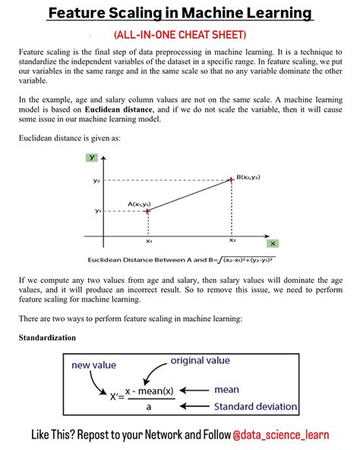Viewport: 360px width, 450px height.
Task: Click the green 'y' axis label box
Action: [x=92, y=157]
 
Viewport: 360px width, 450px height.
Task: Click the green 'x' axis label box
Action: [x=273, y=243]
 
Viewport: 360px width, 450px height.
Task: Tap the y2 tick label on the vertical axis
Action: [x=96, y=181]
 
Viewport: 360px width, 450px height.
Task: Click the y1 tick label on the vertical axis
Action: [x=97, y=211]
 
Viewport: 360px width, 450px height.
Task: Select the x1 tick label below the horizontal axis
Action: [x=149, y=240]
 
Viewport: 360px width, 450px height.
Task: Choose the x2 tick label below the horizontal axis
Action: [x=232, y=240]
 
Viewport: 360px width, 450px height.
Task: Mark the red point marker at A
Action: [x=148, y=211]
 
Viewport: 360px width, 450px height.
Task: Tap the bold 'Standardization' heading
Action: [x=47, y=337]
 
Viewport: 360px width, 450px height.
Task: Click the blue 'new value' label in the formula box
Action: [x=93, y=365]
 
